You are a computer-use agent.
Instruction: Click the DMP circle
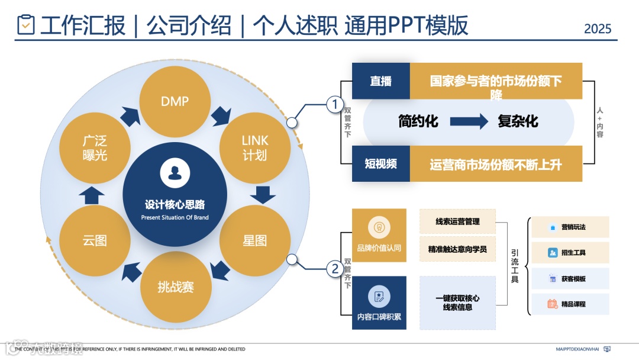pos(175,101)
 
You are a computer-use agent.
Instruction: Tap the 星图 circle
pos(255,240)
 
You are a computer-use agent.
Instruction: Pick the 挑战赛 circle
pos(176,287)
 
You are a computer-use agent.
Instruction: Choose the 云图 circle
pos(95,240)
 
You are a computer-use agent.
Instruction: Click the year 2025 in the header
pos(598,28)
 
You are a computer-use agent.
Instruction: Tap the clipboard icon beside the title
pos(26,25)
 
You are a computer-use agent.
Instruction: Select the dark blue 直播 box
pos(380,81)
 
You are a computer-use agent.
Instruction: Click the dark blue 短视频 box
pos(380,164)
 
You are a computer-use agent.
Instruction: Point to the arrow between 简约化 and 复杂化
pos(469,122)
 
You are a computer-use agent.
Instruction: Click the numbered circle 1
pos(335,105)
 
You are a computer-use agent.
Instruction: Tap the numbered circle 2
pos(335,269)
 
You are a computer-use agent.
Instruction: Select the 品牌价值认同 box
pos(379,235)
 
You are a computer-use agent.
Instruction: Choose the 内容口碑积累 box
pos(379,303)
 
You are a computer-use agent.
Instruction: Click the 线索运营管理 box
pos(457,221)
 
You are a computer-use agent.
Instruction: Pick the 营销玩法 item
pos(570,227)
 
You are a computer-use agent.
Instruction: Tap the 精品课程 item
pos(570,304)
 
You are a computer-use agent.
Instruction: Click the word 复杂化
pos(518,122)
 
